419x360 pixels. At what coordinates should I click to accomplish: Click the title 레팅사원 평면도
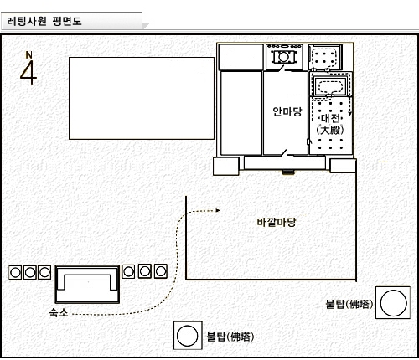(44, 21)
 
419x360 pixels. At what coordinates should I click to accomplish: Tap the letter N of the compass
(28, 55)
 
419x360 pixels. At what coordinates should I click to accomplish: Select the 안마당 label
(287, 111)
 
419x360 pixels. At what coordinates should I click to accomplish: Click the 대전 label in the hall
(330, 118)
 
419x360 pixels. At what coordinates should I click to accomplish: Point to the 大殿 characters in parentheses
(330, 130)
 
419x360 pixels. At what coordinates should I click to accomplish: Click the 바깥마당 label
(276, 222)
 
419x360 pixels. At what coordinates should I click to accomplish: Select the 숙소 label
(59, 312)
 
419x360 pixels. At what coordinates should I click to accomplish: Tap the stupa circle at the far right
(393, 303)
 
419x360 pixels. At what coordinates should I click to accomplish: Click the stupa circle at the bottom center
(188, 336)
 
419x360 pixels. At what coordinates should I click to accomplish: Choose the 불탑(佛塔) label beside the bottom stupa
(230, 337)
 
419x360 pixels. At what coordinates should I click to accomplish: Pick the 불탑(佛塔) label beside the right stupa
(349, 304)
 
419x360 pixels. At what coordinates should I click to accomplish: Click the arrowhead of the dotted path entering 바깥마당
(218, 210)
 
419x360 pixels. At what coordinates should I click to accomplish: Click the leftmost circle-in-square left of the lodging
(15, 272)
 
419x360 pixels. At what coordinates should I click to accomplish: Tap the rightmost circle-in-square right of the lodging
(161, 271)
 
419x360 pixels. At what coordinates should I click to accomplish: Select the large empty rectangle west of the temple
(142, 98)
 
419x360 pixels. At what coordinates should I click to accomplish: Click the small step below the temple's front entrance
(288, 172)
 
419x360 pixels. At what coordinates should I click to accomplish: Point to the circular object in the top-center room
(284, 57)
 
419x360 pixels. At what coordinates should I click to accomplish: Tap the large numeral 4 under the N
(28, 72)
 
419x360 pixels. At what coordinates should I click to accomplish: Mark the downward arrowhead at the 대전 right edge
(349, 114)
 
